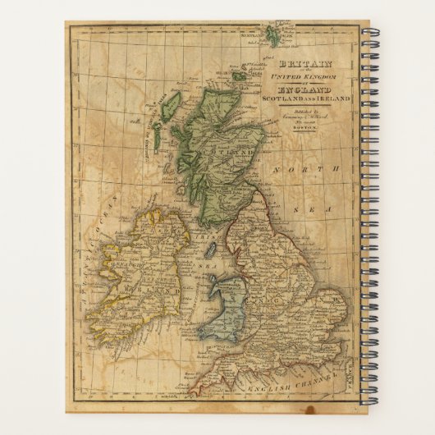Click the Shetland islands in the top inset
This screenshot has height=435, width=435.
click(x=270, y=38)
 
